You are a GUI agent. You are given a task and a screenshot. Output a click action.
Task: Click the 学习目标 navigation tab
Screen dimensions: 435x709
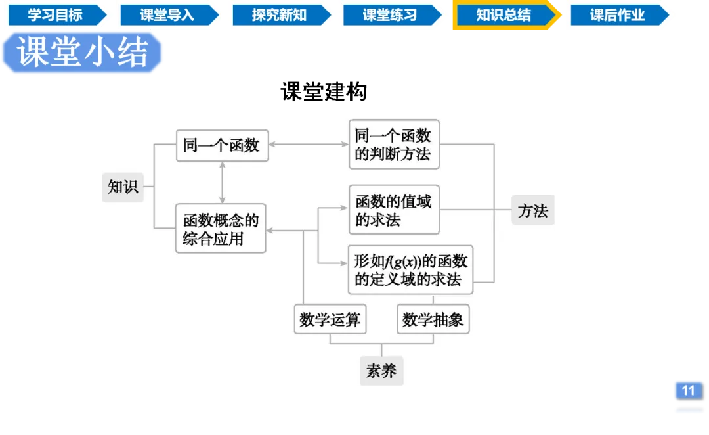55,15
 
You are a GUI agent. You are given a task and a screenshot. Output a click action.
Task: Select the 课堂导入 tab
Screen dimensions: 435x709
167,15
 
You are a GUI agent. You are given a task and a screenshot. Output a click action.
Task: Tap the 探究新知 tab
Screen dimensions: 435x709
279,15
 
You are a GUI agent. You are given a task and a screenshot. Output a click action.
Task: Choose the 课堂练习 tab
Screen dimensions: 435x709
390,15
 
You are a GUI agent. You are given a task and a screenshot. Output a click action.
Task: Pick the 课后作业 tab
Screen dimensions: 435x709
617,15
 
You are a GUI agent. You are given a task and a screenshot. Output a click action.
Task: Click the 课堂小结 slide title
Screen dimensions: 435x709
83,52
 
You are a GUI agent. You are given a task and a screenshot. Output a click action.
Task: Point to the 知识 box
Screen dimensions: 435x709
123,187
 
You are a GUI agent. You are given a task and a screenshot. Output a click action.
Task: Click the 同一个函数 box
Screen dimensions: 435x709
222,145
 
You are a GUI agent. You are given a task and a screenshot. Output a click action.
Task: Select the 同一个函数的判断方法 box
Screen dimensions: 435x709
393,145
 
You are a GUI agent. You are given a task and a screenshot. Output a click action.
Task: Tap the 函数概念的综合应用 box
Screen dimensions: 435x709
221,229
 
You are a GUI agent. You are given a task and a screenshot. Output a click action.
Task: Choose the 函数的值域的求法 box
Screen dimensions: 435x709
393,210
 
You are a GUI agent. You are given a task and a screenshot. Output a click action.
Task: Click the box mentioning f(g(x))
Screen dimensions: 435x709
411,269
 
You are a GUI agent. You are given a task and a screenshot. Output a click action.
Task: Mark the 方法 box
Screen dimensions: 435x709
532,211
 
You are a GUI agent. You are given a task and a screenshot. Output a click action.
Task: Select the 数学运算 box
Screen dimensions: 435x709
330,319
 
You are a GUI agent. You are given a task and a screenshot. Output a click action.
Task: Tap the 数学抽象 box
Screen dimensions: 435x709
433,319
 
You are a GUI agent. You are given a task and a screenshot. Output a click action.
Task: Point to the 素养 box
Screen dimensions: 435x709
381,371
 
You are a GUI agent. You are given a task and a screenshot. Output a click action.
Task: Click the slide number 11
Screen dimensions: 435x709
687,391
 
